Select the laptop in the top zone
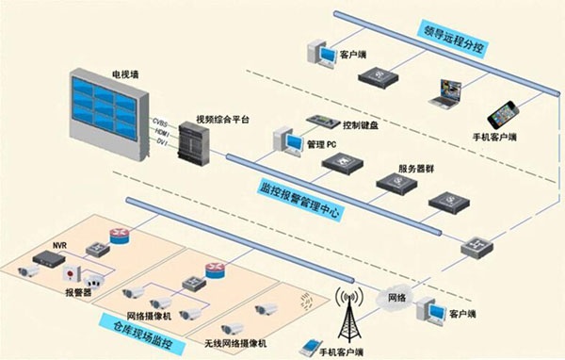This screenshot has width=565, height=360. coord(445,91)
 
